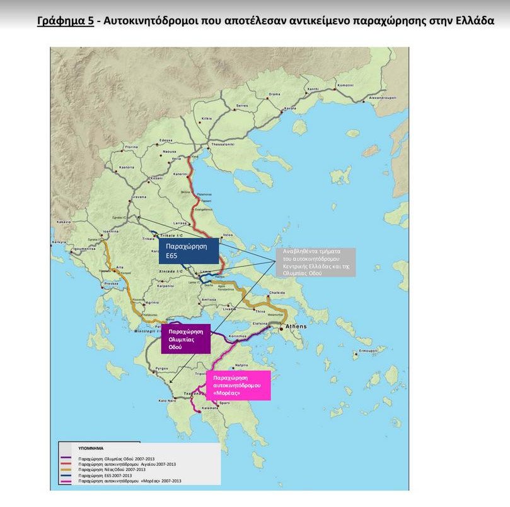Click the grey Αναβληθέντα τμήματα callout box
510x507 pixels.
coord(315,262)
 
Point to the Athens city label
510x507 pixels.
coord(296,326)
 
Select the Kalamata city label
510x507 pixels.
coord(209,408)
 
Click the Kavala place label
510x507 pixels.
coord(290,109)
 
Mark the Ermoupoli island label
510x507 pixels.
coord(368,349)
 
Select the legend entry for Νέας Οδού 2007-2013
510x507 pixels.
coord(113,470)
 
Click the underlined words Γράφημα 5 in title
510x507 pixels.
coord(66,21)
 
